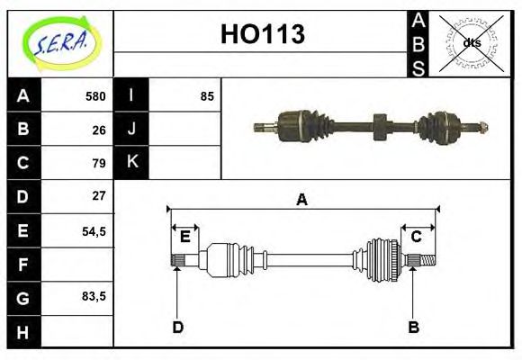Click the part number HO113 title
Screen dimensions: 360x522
(x=262, y=34)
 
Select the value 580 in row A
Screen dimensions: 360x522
(x=95, y=96)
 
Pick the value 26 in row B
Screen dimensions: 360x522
(x=99, y=130)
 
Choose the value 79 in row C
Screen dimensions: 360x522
(x=99, y=163)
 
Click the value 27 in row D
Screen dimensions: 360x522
(x=99, y=195)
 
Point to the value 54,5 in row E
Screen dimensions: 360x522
(x=94, y=230)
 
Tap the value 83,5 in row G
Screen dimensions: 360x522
(x=94, y=296)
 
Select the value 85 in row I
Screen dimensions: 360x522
(x=207, y=96)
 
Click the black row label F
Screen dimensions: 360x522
(x=23, y=265)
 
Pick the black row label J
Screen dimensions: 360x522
(x=131, y=130)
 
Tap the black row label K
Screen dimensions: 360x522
(x=131, y=163)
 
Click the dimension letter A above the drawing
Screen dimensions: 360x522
(x=302, y=200)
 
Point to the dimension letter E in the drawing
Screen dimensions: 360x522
(x=184, y=237)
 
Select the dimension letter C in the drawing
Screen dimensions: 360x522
(x=416, y=237)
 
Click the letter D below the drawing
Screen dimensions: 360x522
(x=177, y=327)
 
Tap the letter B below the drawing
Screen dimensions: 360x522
(x=413, y=327)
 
